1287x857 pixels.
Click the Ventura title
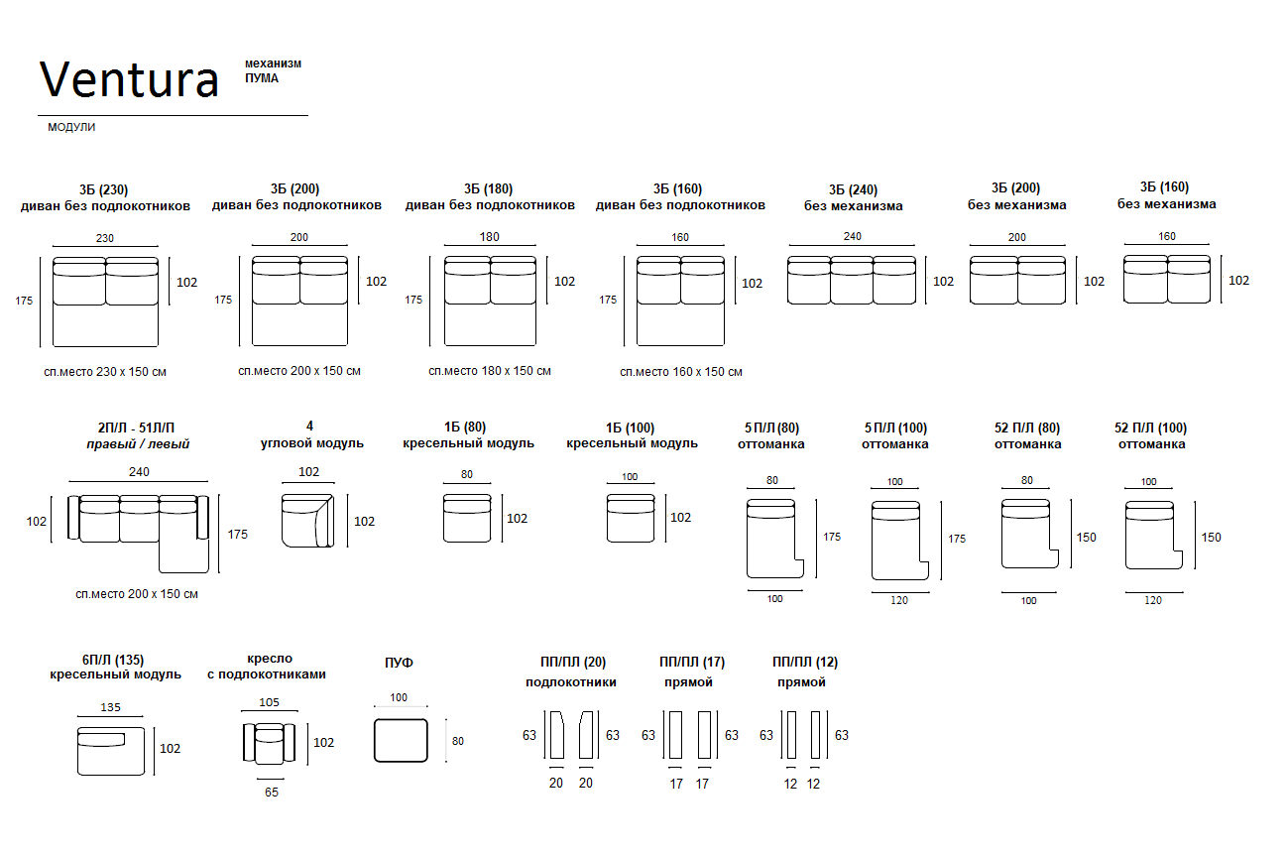tap(129, 79)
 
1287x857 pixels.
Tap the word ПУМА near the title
tap(262, 78)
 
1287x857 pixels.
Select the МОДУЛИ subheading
tap(71, 127)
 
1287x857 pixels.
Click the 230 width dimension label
tap(104, 238)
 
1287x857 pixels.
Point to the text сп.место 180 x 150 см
tap(490, 371)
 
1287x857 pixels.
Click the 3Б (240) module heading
tap(853, 189)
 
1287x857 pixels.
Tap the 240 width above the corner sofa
tap(139, 472)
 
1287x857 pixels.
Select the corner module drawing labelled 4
tap(308, 520)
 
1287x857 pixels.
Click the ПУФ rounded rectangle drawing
tap(401, 740)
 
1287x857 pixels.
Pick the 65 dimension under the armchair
tap(272, 793)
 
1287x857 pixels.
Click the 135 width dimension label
tap(110, 707)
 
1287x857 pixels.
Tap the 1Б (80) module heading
tap(465, 428)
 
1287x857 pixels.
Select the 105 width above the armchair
tap(269, 702)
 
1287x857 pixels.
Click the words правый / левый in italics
tap(138, 444)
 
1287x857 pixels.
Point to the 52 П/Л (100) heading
tap(1150, 428)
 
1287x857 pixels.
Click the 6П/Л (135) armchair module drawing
tap(111, 751)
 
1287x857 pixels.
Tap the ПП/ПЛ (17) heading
tap(692, 663)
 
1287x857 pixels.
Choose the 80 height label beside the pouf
tap(457, 742)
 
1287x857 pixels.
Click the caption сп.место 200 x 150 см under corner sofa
tap(137, 594)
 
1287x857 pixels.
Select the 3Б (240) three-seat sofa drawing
tap(852, 280)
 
